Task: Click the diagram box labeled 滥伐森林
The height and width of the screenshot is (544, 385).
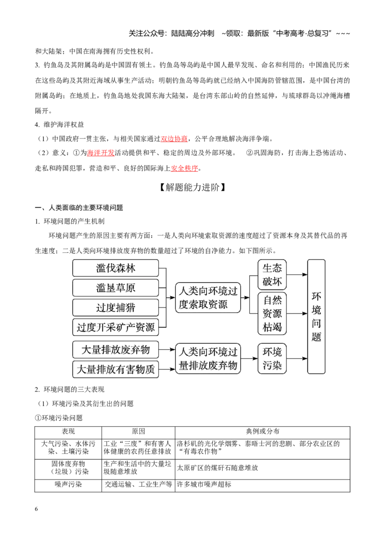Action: tap(115, 268)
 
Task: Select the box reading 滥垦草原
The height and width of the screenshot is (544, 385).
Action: tap(115, 288)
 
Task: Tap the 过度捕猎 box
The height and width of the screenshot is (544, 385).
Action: tap(115, 308)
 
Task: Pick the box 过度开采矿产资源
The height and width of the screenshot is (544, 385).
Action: tap(115, 327)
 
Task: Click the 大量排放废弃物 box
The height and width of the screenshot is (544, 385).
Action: tap(115, 349)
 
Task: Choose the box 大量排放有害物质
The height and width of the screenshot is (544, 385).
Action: tap(115, 369)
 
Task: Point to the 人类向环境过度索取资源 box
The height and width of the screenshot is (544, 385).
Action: tap(208, 297)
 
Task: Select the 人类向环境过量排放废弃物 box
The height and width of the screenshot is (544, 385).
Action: tap(208, 359)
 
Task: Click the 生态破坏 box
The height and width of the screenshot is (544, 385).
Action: tap(272, 274)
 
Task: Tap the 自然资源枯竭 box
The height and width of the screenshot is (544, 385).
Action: tap(272, 314)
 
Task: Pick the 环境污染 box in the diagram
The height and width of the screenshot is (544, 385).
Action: tap(272, 359)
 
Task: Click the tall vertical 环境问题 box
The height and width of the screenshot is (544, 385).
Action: tap(316, 316)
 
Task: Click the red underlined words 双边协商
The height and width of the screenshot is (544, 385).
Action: tap(174, 139)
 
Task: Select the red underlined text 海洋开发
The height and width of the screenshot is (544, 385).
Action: tap(101, 153)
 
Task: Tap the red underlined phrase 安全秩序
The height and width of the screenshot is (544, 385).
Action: tap(184, 168)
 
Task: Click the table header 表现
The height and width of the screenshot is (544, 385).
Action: tap(68, 432)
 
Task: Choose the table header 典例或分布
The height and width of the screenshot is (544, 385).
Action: tap(263, 432)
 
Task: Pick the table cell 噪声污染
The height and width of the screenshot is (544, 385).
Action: tap(68, 484)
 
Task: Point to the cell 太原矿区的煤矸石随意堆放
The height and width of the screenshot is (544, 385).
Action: tap(218, 468)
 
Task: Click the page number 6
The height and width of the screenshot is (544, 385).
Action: tap(37, 509)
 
